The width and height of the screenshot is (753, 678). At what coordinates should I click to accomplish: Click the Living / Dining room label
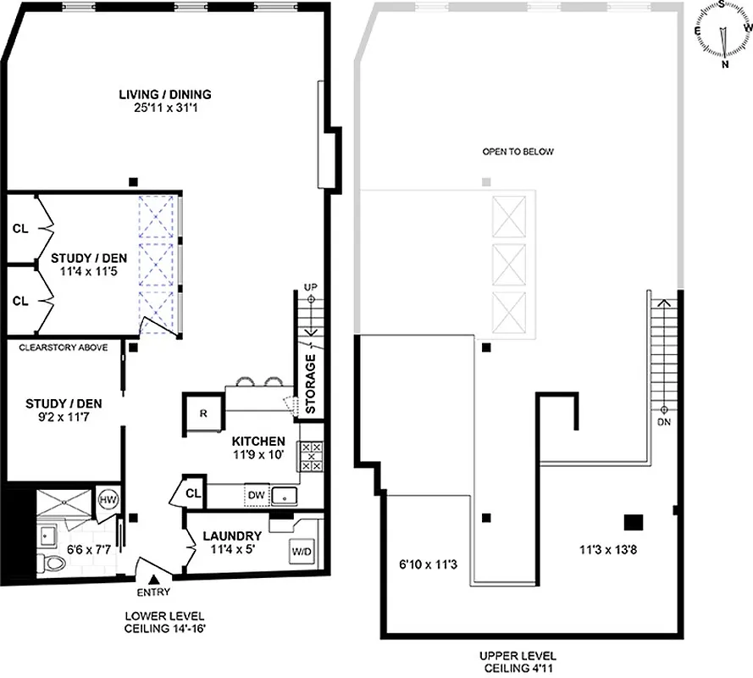pos(164,94)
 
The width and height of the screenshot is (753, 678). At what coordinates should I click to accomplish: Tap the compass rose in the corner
pos(723,34)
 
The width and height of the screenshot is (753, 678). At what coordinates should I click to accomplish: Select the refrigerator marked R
pos(202,413)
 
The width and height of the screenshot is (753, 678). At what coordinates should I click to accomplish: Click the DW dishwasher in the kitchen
pos(255,495)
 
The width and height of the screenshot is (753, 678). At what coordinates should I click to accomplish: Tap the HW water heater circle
pos(108,499)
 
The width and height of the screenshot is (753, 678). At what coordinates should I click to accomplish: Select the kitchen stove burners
pos(310,457)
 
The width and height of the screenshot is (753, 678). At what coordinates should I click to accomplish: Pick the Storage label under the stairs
pos(311,383)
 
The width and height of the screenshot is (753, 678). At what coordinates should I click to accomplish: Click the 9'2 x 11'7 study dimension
pos(60,417)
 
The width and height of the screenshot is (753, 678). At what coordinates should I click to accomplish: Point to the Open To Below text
pos(518,153)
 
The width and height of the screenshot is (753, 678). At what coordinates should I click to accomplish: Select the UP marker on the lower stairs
pos(310,289)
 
